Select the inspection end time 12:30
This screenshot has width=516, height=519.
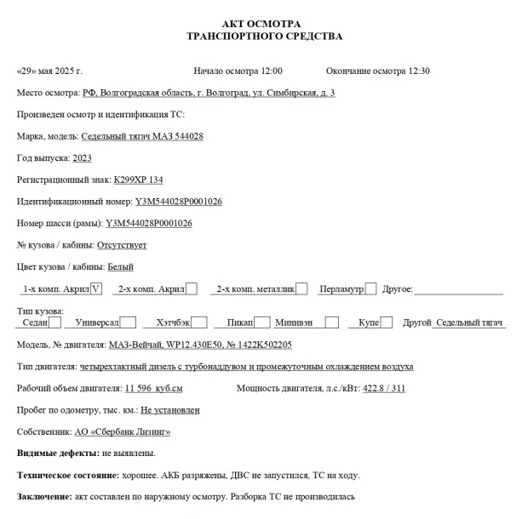click(419, 71)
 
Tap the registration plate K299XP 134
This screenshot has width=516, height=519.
click(138, 180)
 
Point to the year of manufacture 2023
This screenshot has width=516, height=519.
click(83, 157)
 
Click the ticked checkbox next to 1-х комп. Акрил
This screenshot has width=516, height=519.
click(95, 288)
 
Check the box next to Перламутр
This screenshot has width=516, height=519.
click(370, 288)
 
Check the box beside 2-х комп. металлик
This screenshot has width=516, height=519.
click(301, 288)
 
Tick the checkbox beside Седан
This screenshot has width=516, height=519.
click(55, 322)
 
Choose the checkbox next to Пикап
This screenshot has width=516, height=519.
click(263, 322)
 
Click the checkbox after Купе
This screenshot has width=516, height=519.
click(386, 322)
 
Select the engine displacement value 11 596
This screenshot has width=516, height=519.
click(140, 388)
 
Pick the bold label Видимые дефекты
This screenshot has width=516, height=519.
click(57, 453)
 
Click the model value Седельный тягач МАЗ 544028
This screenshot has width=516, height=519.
click(142, 136)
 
